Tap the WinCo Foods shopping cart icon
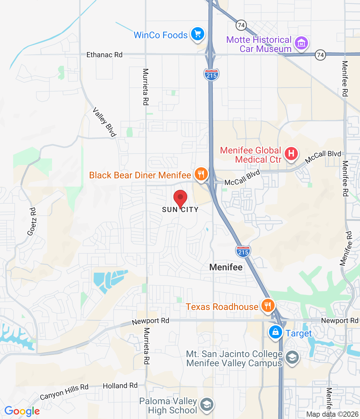point(197,34)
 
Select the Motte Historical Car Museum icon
point(301,43)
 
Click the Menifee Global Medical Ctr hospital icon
point(291,154)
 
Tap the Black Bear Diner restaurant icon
point(201,174)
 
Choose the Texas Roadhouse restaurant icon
point(268,306)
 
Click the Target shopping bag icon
point(276,332)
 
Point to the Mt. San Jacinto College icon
point(292,357)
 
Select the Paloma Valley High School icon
point(207,405)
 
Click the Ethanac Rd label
point(104,55)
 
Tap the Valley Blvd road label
point(104,122)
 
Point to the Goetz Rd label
point(32,222)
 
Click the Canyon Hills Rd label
point(64,392)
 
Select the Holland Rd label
point(120,386)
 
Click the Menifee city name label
point(226,267)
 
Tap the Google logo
point(22,411)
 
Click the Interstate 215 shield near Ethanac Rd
point(211,75)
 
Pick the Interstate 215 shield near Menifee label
point(243,251)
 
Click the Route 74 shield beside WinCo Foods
point(241,25)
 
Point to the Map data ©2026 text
point(332,414)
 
